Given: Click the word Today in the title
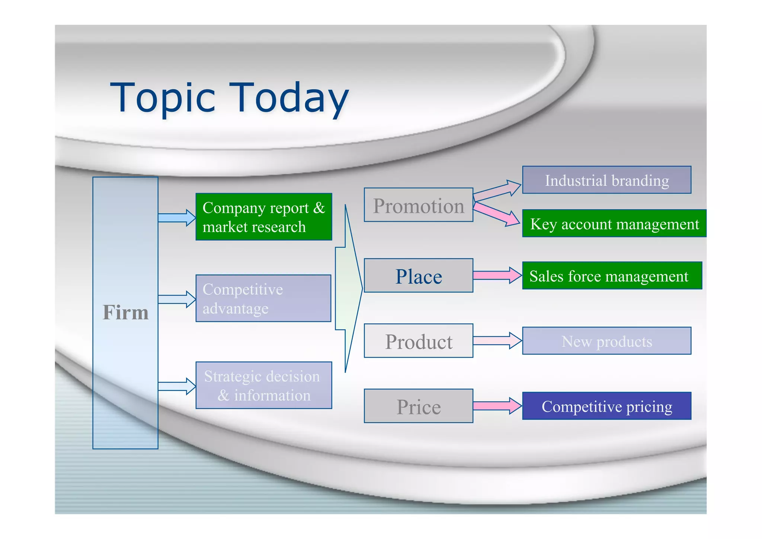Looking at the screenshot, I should [x=288, y=98].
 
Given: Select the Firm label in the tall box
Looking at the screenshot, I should [x=125, y=312].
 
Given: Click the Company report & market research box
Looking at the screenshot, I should [x=263, y=217].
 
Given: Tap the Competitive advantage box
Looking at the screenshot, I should [x=263, y=298].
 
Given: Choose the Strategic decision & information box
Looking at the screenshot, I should [x=263, y=385].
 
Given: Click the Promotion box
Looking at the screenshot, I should [x=418, y=205].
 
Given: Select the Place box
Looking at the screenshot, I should [x=418, y=276].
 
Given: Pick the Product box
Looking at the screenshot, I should [x=418, y=341].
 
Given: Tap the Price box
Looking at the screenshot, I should [x=418, y=406].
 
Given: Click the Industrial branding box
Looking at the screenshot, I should [x=606, y=180].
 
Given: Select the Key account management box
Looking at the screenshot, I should [x=614, y=223].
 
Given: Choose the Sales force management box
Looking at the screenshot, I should [x=612, y=276].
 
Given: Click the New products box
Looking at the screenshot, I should [x=606, y=341].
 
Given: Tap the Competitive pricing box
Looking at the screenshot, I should [x=606, y=406].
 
